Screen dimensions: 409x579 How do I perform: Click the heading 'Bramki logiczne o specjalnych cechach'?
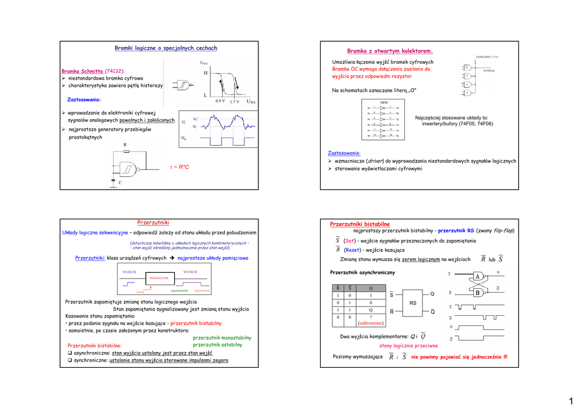click(x=166, y=49)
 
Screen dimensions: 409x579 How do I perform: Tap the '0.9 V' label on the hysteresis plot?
click(x=221, y=101)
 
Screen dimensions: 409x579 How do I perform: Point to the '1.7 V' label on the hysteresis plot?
click(x=235, y=102)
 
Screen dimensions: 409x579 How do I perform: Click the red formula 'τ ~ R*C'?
click(x=180, y=167)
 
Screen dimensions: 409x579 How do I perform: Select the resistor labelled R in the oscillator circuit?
click(x=126, y=151)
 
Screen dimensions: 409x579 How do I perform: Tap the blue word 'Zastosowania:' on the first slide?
click(x=84, y=99)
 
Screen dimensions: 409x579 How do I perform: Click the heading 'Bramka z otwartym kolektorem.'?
click(x=390, y=51)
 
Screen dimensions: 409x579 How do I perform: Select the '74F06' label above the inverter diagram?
click(x=384, y=103)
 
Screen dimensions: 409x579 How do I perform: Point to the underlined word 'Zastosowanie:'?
click(x=344, y=153)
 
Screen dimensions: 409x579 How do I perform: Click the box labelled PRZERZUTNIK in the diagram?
click(x=159, y=278)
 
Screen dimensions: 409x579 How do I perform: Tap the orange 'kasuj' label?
click(x=140, y=292)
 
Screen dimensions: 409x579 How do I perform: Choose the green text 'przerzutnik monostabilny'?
click(x=222, y=338)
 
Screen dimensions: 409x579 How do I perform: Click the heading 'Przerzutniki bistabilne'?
click(x=360, y=224)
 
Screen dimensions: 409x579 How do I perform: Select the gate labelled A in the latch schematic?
click(x=477, y=276)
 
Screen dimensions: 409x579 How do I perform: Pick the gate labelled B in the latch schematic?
click(x=477, y=293)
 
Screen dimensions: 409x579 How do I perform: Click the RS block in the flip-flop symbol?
click(x=413, y=303)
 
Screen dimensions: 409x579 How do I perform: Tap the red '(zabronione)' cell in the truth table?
click(x=371, y=324)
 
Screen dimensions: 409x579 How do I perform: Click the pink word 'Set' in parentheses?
click(x=349, y=241)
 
